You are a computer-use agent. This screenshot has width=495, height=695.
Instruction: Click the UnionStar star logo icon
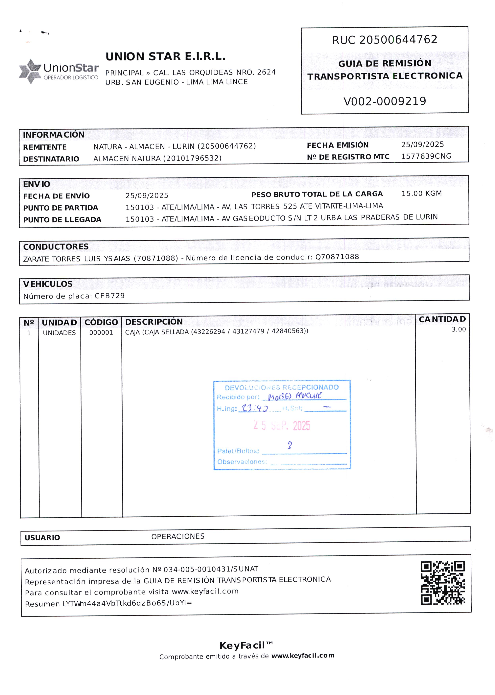(x=30, y=71)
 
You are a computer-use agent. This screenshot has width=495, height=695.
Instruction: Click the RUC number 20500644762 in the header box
(x=398, y=40)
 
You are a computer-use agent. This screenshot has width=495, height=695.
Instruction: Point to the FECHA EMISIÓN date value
(x=422, y=145)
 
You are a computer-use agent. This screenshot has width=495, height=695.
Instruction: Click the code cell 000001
(x=101, y=333)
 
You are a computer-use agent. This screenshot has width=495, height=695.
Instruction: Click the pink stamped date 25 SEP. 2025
(x=281, y=426)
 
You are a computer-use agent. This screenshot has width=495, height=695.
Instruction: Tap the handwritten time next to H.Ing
(x=254, y=408)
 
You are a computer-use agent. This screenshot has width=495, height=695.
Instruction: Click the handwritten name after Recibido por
(x=295, y=396)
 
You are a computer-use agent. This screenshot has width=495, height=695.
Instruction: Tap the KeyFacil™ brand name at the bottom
(x=246, y=645)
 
